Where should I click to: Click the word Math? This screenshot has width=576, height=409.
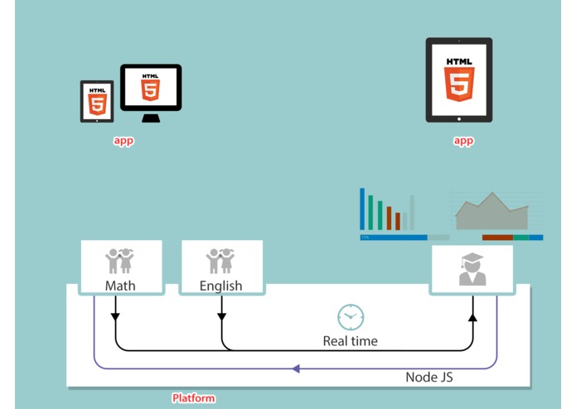click(x=120, y=286)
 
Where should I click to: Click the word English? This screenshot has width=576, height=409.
click(x=220, y=286)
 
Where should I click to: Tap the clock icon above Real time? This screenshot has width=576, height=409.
click(x=351, y=317)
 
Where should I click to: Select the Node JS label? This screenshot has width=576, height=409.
click(x=429, y=377)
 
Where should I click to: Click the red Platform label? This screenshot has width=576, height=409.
click(x=194, y=398)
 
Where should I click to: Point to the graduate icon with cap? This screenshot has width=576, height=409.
click(x=472, y=269)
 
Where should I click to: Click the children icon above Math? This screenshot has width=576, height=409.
click(x=119, y=261)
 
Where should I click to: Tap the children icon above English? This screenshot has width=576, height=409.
click(x=220, y=261)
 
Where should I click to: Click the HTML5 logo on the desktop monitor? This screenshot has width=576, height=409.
click(x=151, y=87)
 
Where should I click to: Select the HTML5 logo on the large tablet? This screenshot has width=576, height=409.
click(x=459, y=79)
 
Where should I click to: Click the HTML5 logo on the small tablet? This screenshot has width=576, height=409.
click(x=97, y=102)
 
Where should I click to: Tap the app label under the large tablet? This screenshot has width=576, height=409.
click(x=463, y=141)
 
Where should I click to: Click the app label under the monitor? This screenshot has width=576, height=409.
click(x=123, y=141)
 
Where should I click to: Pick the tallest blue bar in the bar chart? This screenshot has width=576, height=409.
click(x=362, y=209)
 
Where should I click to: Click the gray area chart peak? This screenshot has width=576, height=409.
click(x=492, y=194)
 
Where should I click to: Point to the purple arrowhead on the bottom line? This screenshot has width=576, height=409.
click(x=296, y=368)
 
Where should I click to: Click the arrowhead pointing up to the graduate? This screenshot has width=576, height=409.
click(x=472, y=317)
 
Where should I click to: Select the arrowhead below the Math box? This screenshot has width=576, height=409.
click(x=115, y=317)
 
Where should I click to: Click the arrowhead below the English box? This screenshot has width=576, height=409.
click(x=221, y=317)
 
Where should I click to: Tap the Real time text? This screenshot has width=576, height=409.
click(x=350, y=341)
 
